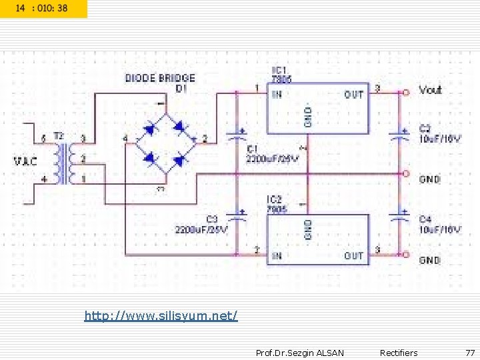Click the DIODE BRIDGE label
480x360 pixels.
(160, 79)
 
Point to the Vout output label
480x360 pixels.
(430, 90)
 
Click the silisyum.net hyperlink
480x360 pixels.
(161, 315)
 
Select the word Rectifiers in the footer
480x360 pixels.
(399, 352)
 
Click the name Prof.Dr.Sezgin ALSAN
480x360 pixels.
(300, 352)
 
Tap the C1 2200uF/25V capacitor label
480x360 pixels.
(272, 153)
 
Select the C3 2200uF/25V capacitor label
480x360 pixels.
(201, 224)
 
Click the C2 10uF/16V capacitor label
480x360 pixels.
(439, 133)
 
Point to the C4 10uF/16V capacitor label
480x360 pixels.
(439, 224)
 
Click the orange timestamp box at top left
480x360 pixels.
(43, 9)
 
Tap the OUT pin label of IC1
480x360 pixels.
(354, 95)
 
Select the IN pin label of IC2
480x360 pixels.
(276, 255)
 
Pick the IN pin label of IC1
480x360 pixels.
(277, 95)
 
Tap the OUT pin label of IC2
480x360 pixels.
(353, 255)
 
